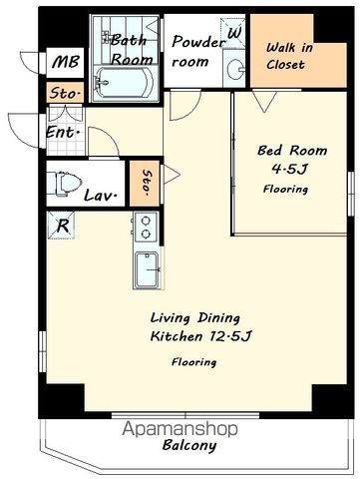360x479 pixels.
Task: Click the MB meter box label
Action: [x=66, y=62]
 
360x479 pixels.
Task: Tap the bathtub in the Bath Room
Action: [x=124, y=83]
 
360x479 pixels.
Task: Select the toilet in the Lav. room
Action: [x=65, y=184]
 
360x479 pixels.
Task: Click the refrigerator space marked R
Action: [x=61, y=226]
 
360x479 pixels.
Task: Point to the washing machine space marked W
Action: [x=234, y=33]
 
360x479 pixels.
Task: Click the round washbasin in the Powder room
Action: [x=236, y=69]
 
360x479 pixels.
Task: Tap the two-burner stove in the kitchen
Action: [x=146, y=228]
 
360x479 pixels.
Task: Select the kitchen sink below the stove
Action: [x=147, y=269]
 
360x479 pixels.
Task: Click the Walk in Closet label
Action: [x=288, y=56]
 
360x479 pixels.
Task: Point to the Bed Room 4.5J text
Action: [x=292, y=160]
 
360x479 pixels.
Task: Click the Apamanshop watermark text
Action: [x=180, y=429]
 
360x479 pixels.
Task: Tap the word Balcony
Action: [x=189, y=445]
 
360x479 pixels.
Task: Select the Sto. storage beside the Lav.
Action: [x=145, y=184]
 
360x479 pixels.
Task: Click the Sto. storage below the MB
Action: [x=65, y=93]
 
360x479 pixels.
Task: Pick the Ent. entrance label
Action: [x=63, y=133]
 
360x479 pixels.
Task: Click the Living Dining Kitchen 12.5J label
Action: [x=200, y=326]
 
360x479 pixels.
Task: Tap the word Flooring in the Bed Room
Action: [x=285, y=190]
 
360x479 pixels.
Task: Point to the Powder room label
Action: [x=198, y=52]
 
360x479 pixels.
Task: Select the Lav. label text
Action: [x=101, y=196]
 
